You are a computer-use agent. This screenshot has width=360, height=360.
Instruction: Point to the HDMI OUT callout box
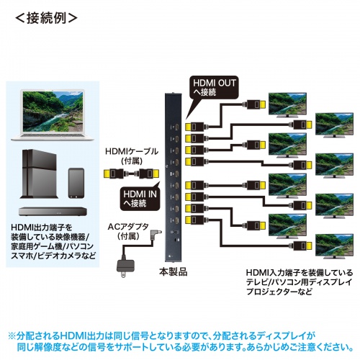(x=207, y=88)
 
